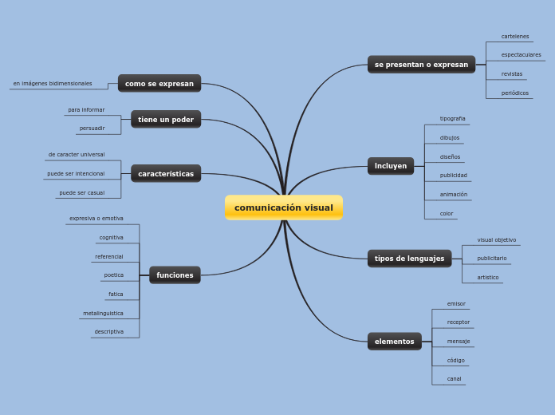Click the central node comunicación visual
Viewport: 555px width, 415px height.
point(284,207)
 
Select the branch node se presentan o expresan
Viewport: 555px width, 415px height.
point(421,64)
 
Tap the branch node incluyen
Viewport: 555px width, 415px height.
point(391,166)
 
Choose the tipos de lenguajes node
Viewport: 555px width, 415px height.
point(409,259)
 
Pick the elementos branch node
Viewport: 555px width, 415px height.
point(394,342)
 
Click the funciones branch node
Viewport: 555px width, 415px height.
point(175,275)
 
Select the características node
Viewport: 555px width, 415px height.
point(166,174)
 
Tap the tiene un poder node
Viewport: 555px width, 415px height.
point(166,120)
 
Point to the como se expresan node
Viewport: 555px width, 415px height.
point(159,84)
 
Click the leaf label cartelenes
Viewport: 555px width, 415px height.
point(515,36)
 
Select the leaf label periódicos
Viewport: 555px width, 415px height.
point(515,93)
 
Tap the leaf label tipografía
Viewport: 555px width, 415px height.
point(452,118)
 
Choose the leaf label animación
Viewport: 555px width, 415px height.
point(454,194)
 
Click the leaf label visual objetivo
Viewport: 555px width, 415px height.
point(497,239)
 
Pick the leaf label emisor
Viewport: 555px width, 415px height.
point(456,303)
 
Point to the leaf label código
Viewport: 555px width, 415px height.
point(455,360)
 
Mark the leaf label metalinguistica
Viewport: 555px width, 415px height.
point(103,313)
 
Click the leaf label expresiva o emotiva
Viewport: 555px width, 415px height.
point(96,218)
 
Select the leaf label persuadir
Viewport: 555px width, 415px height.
point(92,128)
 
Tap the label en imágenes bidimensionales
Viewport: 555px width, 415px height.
point(53,83)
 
